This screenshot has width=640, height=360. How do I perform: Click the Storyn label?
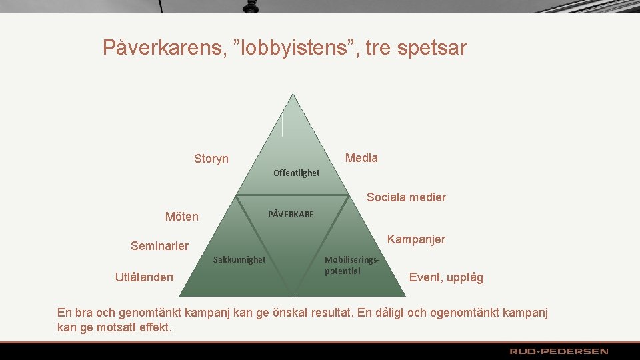(211, 159)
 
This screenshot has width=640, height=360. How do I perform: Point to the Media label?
(361, 158)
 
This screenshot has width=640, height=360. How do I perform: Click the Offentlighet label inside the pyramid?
(296, 173)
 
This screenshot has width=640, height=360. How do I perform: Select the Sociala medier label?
(406, 197)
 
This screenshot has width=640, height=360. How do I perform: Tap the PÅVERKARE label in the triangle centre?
(291, 215)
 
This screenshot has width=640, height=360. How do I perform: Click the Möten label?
(181, 217)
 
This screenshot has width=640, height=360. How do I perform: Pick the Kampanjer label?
(416, 239)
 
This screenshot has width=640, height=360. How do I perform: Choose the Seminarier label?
(159, 246)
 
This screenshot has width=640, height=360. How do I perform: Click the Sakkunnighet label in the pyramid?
(239, 260)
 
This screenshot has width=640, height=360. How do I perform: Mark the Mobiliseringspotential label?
(351, 265)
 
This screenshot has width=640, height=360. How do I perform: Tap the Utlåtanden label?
(144, 277)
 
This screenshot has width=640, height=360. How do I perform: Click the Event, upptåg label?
(446, 277)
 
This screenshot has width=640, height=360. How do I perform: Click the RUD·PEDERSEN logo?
(559, 351)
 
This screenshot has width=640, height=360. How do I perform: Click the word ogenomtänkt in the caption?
(463, 313)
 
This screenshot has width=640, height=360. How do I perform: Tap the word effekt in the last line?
(153, 327)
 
